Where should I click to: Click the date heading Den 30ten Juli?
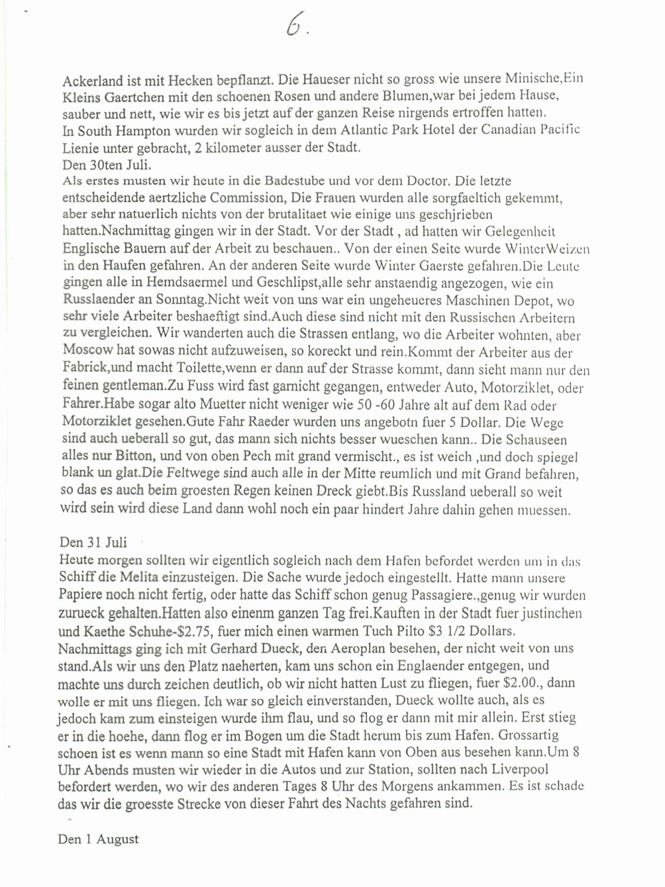(107, 165)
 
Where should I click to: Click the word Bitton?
(134, 456)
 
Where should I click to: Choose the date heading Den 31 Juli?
(93, 542)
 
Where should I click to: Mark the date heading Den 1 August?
(98, 839)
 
